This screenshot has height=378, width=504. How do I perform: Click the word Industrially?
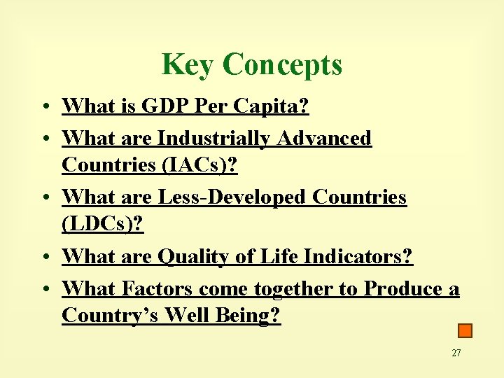(215, 138)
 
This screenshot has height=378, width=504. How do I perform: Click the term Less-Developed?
(233, 197)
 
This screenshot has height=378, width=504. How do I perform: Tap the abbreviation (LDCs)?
(102, 225)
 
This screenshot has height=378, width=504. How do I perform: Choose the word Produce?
(402, 288)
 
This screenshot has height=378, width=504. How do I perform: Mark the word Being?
(250, 316)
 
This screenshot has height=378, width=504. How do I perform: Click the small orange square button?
(465, 330)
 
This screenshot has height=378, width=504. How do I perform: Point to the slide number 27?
(456, 353)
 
